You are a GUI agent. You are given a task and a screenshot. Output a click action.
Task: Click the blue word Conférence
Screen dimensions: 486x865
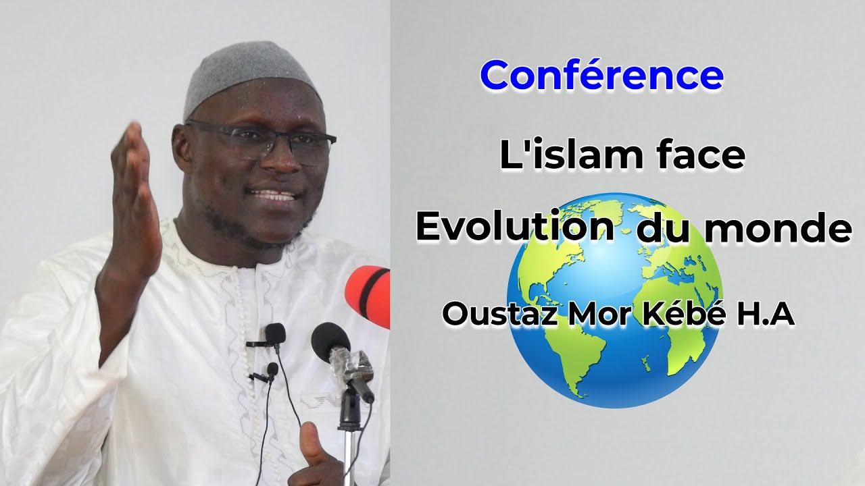point(601,76)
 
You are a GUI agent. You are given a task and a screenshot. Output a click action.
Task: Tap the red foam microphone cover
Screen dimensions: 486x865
point(369,294)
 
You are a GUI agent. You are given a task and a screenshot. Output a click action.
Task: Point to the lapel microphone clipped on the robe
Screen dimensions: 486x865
point(274,333)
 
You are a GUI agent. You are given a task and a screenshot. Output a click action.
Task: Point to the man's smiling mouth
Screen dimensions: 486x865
point(274,196)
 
